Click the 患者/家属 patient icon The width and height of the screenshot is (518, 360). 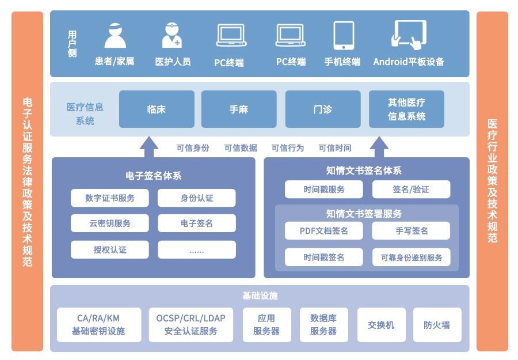(115, 35)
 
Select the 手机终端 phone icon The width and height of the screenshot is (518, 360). (343, 35)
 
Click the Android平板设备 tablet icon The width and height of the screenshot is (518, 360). (409, 34)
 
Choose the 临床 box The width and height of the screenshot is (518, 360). (157, 109)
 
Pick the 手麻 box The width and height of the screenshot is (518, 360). (238, 109)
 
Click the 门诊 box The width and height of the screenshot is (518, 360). (322, 109)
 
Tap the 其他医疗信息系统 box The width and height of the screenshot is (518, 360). (406, 109)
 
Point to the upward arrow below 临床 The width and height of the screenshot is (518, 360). (148, 147)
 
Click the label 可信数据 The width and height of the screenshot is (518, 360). (241, 148)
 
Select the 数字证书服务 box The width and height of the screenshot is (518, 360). (110, 198)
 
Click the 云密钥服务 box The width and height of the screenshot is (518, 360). (110, 223)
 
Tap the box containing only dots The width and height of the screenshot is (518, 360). (197, 250)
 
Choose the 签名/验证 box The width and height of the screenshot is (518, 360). (411, 190)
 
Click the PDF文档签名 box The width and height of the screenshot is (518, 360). (324, 231)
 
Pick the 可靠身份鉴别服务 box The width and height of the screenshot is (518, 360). (411, 257)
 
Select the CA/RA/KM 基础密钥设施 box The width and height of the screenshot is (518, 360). (98, 325)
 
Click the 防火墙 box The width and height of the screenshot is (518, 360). (437, 325)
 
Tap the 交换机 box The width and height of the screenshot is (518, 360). (381, 325)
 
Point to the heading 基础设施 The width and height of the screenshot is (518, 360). (260, 296)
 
